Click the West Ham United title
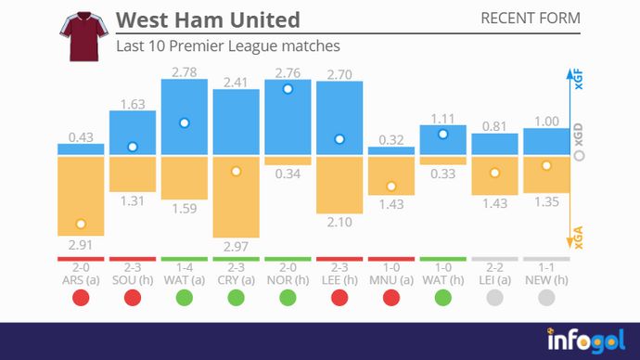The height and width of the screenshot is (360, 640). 208,19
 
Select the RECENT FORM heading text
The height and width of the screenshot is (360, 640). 531,19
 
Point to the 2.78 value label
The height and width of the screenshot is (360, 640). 184,71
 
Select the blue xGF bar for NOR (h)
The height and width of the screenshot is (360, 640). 288,117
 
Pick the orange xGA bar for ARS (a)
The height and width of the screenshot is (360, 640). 81,196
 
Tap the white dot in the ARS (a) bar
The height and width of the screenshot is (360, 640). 81,224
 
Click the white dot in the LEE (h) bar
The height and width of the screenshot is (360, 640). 339,139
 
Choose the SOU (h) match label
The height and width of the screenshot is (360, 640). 133,279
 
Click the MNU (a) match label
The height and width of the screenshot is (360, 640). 390,279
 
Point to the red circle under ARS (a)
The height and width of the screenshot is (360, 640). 81,298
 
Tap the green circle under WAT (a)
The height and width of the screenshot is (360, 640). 184,298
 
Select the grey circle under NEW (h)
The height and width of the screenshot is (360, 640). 545,298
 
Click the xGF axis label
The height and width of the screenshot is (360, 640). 580,79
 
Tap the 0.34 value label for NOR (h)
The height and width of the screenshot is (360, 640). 288,174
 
